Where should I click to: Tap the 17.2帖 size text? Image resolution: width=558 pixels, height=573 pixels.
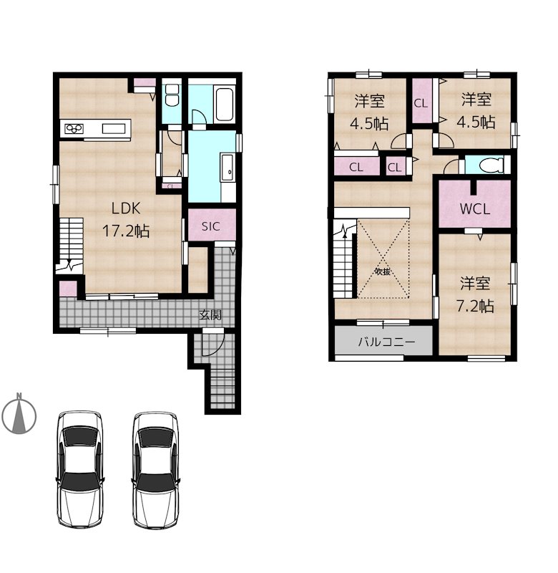tap(125, 231)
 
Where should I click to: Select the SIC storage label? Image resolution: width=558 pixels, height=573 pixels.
tap(211, 226)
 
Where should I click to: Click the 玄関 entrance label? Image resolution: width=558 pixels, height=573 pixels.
tap(210, 314)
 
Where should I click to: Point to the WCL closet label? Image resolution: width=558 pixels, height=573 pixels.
tap(475, 209)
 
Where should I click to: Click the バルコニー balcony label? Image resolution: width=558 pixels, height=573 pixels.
tap(386, 342)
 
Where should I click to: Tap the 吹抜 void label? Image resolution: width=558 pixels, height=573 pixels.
tap(383, 271)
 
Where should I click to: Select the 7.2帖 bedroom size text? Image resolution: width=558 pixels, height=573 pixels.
tap(475, 307)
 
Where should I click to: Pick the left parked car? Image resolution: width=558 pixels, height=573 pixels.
tap(80, 469)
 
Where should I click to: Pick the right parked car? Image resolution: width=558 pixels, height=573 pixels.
tap(155, 471)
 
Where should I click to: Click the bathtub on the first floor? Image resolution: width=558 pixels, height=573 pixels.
tap(225, 104)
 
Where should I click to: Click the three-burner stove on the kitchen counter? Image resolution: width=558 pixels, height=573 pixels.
tap(74, 129)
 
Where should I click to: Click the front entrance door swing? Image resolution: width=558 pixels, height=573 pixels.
tap(212, 343)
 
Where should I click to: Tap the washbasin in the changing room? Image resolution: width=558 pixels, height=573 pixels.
tap(227, 168)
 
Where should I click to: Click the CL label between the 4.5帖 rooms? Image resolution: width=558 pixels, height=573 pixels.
tap(421, 103)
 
